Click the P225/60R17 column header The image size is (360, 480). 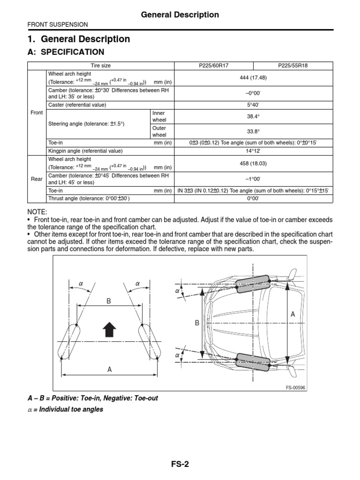[x=214, y=66]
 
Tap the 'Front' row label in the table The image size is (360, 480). [x=37, y=112]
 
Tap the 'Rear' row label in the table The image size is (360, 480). [x=37, y=179]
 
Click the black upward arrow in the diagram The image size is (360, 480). [x=109, y=330]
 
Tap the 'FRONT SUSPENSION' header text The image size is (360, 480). [x=58, y=24]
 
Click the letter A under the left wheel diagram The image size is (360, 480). [x=110, y=369]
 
